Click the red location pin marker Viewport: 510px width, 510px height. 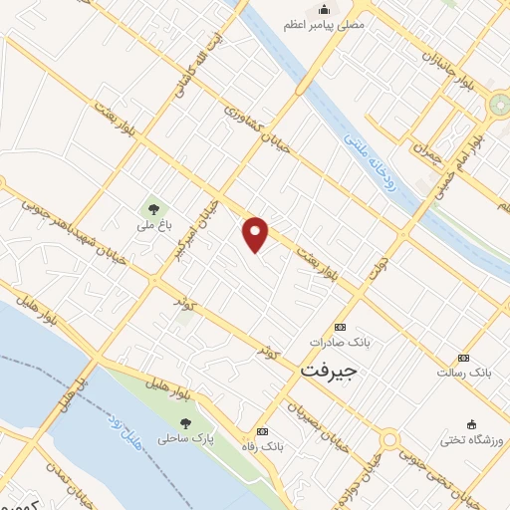(256, 232)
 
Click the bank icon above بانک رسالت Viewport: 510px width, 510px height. (463, 358)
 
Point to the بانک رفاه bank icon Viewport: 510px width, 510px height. (262, 432)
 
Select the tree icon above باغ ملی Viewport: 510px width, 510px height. (152, 209)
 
